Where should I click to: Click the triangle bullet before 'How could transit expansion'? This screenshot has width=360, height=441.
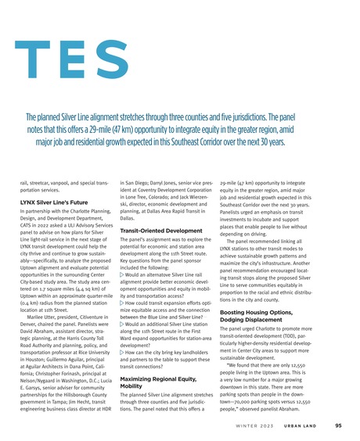point(127,300)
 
